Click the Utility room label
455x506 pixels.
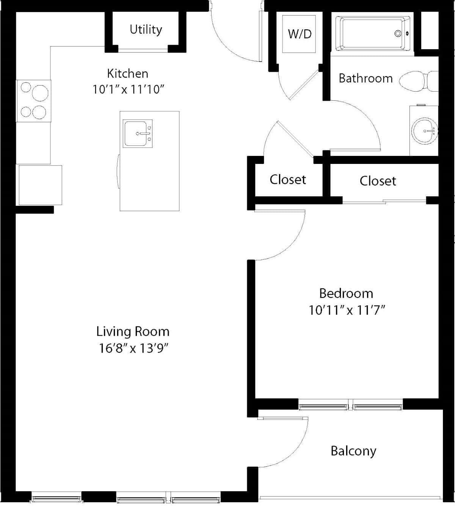pyautogui.click(x=146, y=30)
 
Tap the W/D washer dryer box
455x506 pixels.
pyautogui.click(x=299, y=34)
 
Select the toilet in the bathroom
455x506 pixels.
pyautogui.click(x=419, y=81)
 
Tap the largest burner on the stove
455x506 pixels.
pyautogui.click(x=40, y=93)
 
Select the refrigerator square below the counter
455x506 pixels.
pyautogui.click(x=40, y=185)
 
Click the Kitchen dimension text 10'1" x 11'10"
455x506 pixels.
pyautogui.click(x=128, y=89)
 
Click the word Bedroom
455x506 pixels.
pyautogui.click(x=346, y=294)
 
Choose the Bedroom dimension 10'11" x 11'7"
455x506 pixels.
pyautogui.click(x=347, y=310)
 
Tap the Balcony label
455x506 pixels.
pyautogui.click(x=353, y=451)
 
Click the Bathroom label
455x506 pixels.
pyautogui.click(x=366, y=78)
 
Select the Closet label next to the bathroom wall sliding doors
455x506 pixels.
pyautogui.click(x=378, y=181)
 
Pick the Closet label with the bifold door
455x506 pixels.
pyautogui.click(x=288, y=179)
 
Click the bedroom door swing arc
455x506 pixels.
pyautogui.click(x=290, y=246)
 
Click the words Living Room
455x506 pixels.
pyautogui.click(x=133, y=332)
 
